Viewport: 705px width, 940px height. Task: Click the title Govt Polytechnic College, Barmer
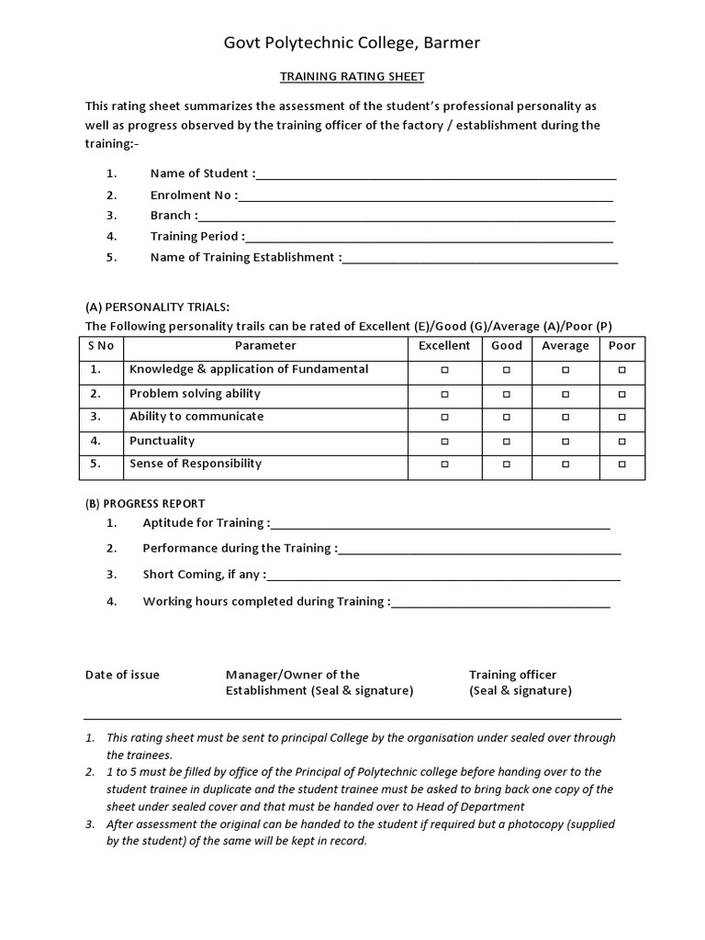click(352, 43)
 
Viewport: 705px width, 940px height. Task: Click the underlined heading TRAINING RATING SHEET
click(352, 77)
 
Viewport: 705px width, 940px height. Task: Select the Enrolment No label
click(192, 195)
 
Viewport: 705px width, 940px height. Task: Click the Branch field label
click(172, 216)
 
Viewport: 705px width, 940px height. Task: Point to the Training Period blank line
click(430, 237)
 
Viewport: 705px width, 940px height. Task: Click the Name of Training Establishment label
click(243, 258)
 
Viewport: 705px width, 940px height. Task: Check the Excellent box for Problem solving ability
click(444, 394)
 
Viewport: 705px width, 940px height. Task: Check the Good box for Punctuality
click(506, 442)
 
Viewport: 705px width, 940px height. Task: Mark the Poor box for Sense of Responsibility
click(621, 464)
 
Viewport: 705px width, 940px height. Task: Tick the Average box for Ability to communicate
click(565, 418)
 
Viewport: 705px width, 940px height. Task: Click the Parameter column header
click(265, 346)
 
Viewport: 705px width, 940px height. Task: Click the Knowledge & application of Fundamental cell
click(249, 369)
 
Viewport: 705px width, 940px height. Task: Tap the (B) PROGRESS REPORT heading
click(145, 504)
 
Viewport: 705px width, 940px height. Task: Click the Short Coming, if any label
click(203, 575)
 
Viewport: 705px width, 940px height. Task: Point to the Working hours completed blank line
click(501, 602)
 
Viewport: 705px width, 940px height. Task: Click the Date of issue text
click(122, 675)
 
